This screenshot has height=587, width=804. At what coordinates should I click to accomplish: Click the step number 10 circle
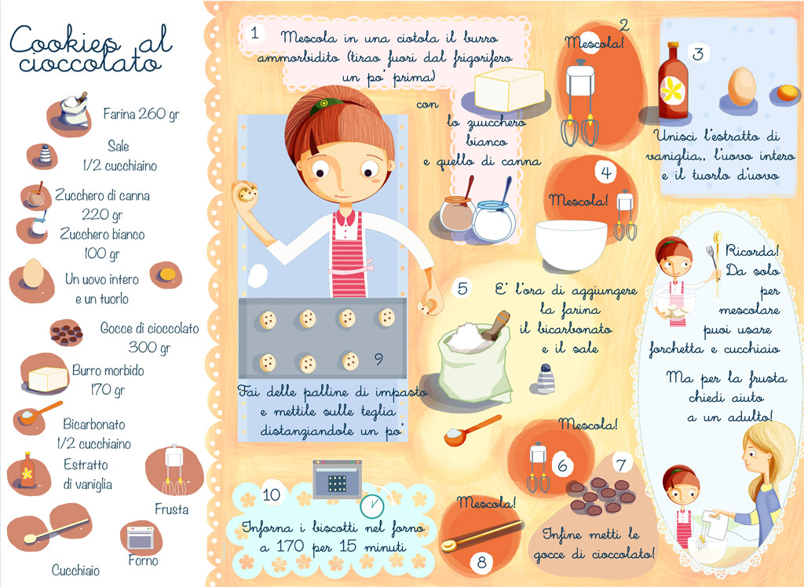coord(271,494)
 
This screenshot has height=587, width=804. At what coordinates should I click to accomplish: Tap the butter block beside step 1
coord(509,89)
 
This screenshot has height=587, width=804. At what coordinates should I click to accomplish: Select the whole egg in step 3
coord(741,86)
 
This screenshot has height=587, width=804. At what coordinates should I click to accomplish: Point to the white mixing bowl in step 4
coord(571,245)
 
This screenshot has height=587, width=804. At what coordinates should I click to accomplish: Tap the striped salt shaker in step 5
coord(546,378)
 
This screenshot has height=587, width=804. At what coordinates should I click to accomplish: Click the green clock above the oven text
coord(371,505)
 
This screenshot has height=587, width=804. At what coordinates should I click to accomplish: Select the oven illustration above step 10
coord(337,479)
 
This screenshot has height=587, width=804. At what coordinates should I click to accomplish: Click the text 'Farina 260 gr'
coord(141,113)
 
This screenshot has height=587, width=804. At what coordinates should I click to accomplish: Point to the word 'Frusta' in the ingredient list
coord(171,509)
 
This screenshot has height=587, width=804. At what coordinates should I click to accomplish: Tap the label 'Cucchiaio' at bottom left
coord(75,570)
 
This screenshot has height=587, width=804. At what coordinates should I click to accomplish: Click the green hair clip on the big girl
coord(323,104)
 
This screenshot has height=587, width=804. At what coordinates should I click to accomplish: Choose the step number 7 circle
coord(621,465)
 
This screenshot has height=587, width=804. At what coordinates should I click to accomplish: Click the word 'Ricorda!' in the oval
coord(751,251)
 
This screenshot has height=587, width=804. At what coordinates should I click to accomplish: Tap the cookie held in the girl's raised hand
coord(246,192)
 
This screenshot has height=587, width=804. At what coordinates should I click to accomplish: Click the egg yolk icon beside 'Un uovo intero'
coord(166,275)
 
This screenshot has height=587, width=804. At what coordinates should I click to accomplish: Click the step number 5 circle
coord(462,288)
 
